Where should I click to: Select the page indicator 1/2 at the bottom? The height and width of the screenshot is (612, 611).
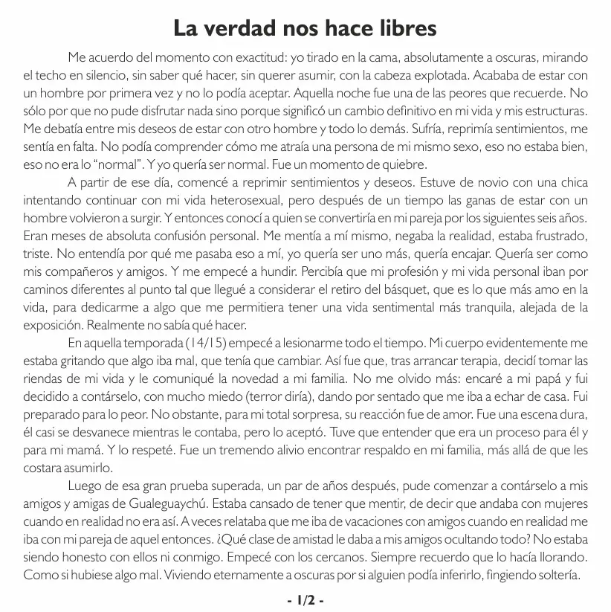[305, 599]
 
